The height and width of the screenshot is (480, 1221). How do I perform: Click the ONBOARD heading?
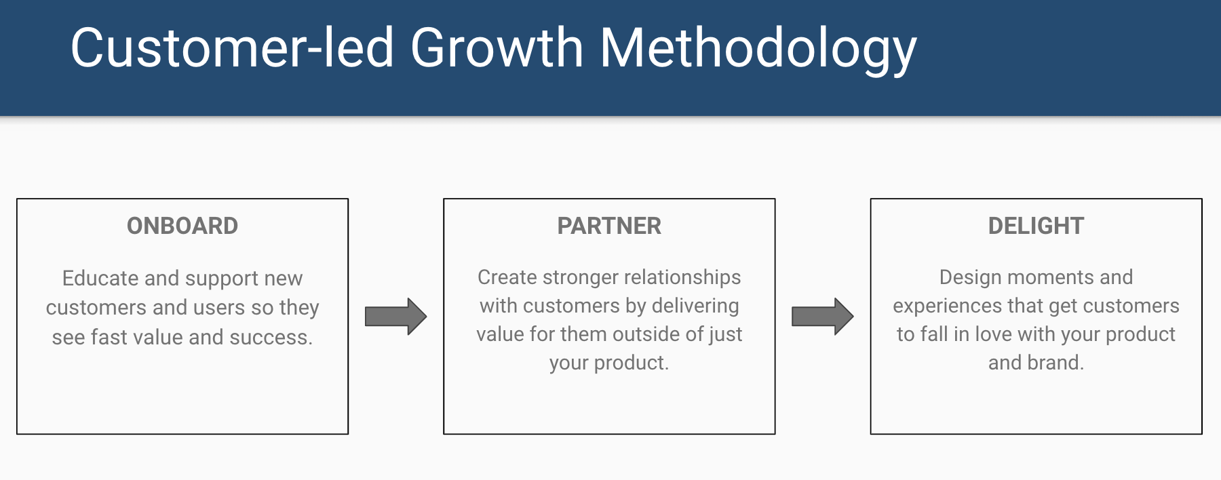[x=182, y=226]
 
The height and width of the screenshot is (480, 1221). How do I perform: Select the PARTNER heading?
[x=609, y=226]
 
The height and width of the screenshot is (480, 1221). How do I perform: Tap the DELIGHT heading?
[x=1036, y=226]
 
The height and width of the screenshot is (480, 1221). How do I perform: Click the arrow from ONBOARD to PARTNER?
[x=395, y=316]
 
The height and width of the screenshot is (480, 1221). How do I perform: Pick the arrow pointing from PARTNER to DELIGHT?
[x=822, y=316]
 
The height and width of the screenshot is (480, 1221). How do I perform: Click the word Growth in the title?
[x=497, y=48]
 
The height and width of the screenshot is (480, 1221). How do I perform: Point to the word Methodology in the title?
[x=758, y=48]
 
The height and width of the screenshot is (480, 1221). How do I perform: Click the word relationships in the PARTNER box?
[x=684, y=277]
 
